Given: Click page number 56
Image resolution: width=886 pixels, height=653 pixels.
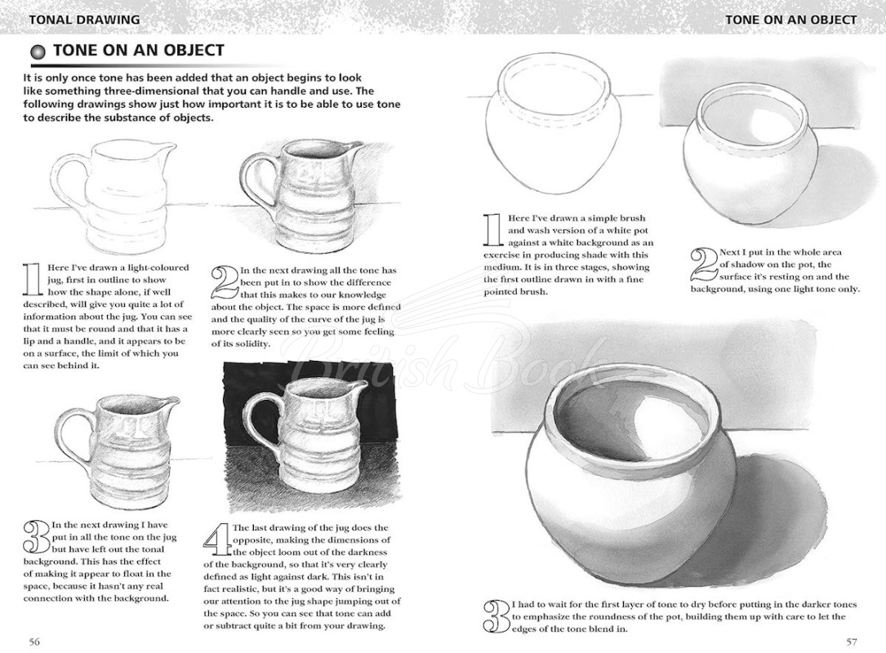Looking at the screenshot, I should (x=34, y=641).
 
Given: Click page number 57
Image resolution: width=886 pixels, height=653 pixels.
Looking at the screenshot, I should (x=851, y=641).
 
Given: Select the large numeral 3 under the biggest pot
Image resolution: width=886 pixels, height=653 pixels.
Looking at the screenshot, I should (x=496, y=618).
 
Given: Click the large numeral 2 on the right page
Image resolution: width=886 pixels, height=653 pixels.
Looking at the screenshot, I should (x=703, y=265).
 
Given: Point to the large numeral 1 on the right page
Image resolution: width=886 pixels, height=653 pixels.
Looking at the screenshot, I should (x=492, y=230).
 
